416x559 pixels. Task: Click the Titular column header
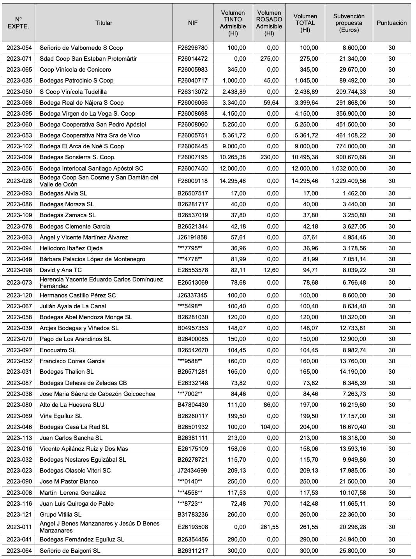(x=104, y=23)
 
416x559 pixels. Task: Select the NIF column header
(x=193, y=23)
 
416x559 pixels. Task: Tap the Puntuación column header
(x=391, y=23)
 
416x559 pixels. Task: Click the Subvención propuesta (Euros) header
(x=349, y=23)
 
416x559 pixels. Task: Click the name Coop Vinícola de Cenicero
(x=75, y=70)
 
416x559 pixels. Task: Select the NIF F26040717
(x=193, y=81)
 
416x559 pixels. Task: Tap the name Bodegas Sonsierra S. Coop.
(x=78, y=157)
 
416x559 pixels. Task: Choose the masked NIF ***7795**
(x=190, y=248)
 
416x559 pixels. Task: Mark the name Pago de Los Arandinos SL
(x=75, y=339)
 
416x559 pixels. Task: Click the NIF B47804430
(x=193, y=405)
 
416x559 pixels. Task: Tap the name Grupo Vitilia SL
(x=60, y=515)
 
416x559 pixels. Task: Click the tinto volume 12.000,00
(x=233, y=169)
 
